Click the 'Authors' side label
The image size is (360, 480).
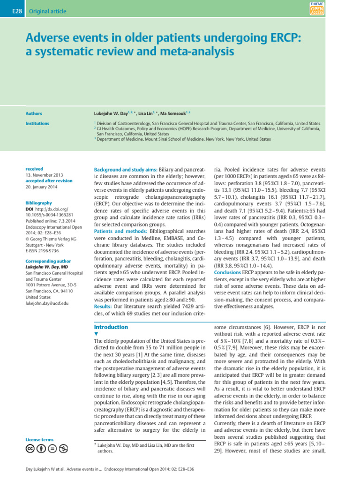[34, 113]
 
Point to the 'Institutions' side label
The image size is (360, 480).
[37, 124]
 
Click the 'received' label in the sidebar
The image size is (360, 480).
[35, 169]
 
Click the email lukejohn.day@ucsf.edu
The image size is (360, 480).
[47, 303]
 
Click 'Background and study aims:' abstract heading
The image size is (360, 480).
[126, 169]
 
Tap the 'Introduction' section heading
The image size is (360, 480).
[111, 327]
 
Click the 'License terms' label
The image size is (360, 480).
[39, 440]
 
